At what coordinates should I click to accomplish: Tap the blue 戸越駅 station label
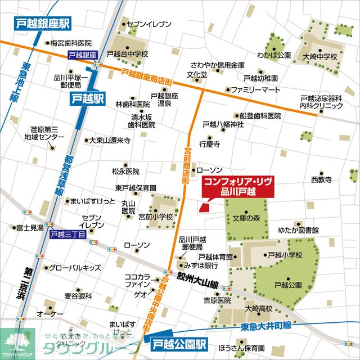click(88, 100)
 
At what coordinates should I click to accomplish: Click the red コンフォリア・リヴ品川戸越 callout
click(237, 187)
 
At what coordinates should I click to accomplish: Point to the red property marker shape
click(204, 207)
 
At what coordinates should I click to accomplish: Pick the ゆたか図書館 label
click(298, 230)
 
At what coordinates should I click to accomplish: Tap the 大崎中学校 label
click(319, 57)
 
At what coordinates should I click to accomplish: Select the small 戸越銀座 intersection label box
click(83, 55)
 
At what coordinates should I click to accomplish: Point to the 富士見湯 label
click(30, 228)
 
